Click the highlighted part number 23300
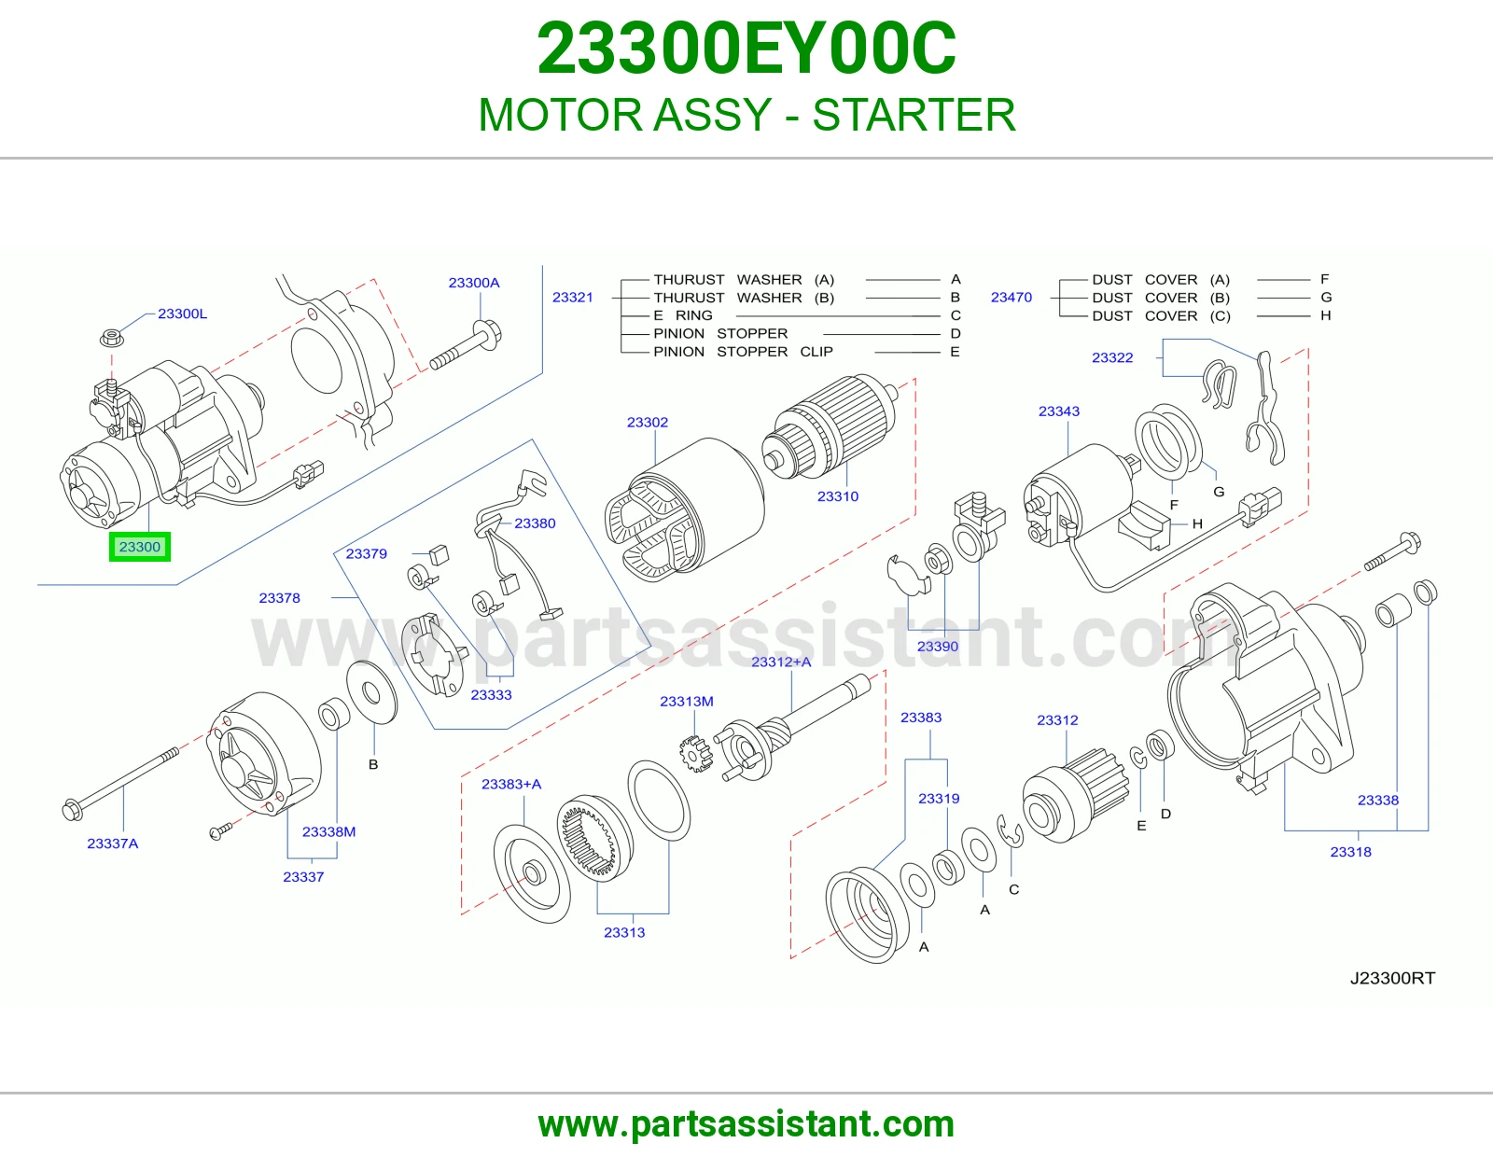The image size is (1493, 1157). point(139,547)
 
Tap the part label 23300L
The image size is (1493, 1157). point(182,314)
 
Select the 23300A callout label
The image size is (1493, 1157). point(473,283)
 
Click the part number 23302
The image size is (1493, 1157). point(648,422)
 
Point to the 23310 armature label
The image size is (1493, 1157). point(838,496)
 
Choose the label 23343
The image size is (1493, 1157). point(1059,411)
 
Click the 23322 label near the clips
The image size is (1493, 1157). point(1112,357)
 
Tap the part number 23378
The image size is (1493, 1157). point(279,598)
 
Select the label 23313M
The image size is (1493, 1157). point(687,702)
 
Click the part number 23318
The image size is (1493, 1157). point(1350,852)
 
